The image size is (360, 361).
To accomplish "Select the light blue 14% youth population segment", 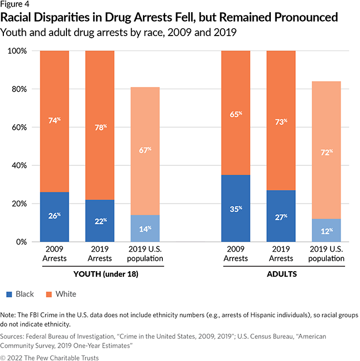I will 145,228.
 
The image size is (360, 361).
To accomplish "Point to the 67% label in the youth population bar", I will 145,150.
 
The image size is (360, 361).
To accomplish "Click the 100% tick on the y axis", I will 19,51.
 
